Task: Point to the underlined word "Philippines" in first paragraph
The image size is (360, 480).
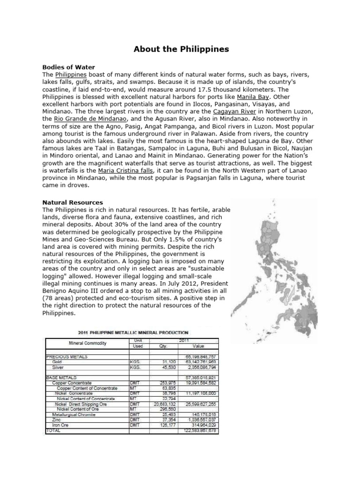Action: pos(71,75)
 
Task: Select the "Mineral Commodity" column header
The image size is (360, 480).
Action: pos(87,343)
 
